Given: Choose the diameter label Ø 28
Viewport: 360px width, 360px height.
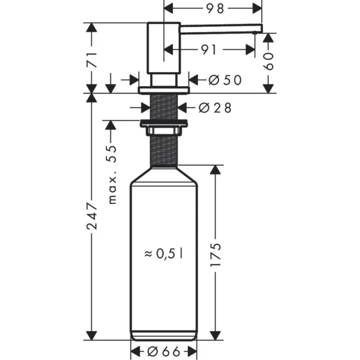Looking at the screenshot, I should pyautogui.click(x=215, y=107).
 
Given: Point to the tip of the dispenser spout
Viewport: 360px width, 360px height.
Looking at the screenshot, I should pyautogui.click(x=260, y=30).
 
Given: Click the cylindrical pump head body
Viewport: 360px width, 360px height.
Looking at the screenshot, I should pyautogui.click(x=164, y=49).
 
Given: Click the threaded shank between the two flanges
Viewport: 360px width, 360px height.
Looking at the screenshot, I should pyautogui.click(x=164, y=107).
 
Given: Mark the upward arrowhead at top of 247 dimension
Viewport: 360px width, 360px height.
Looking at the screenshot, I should pyautogui.click(x=91, y=99).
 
